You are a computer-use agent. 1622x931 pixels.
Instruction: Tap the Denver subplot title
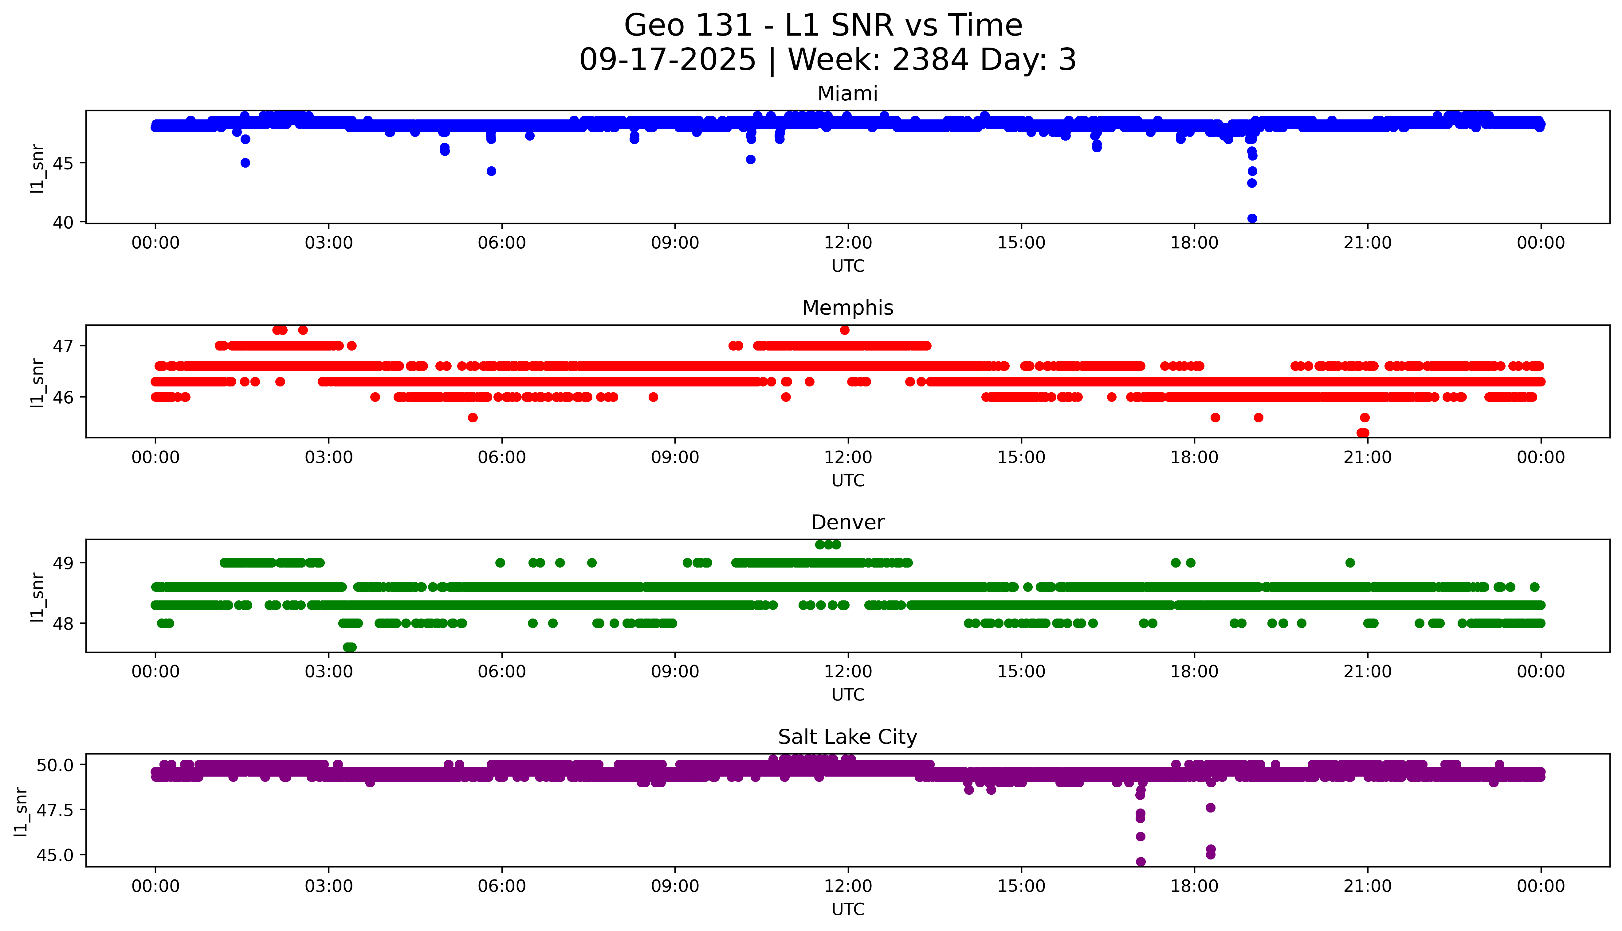pyautogui.click(x=847, y=522)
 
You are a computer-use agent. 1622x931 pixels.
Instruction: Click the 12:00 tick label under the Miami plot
pyautogui.click(x=848, y=243)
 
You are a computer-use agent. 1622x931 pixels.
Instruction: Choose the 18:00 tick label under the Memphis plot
pyautogui.click(x=1194, y=457)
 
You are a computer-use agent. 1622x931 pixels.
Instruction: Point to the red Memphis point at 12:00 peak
pyautogui.click(x=845, y=330)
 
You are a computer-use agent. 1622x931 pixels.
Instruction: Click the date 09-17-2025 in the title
pyautogui.click(x=667, y=60)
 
